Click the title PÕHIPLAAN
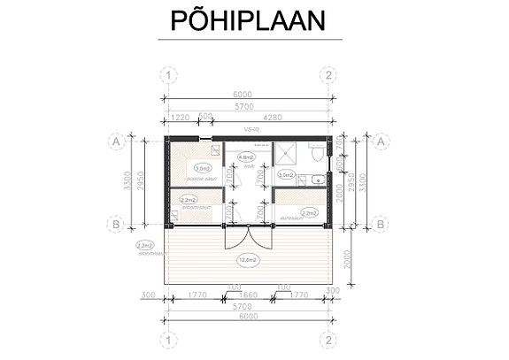(254, 20)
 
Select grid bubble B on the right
(380, 225)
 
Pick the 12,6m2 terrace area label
(247, 260)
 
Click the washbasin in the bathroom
(316, 179)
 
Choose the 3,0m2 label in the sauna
(201, 167)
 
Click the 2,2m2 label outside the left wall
(145, 246)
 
